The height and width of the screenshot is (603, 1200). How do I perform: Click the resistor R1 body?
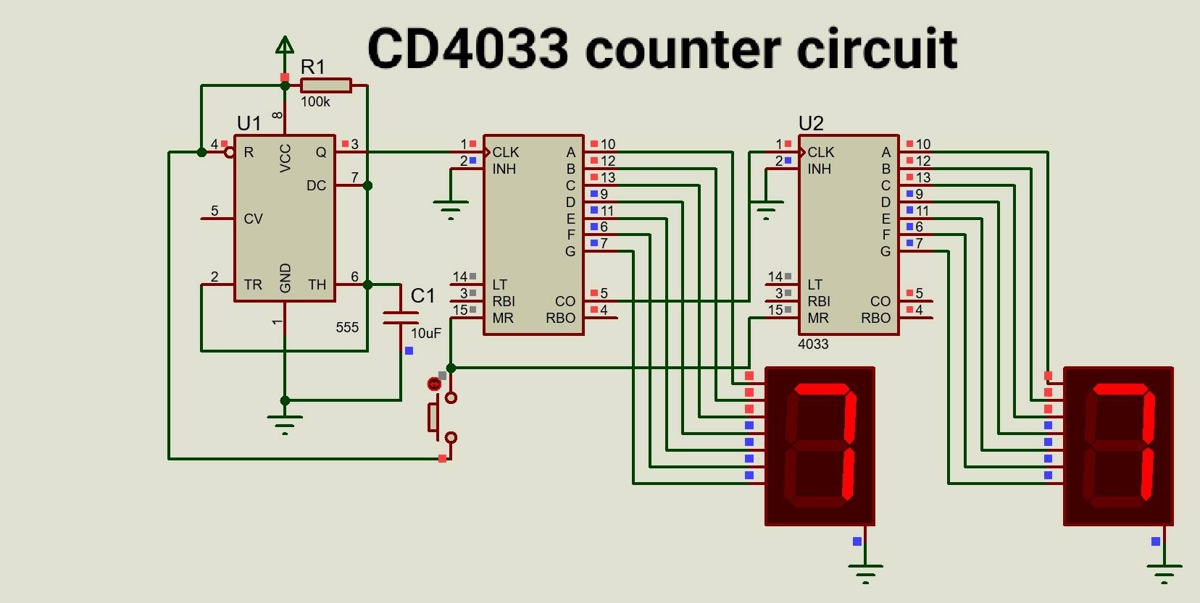pos(325,85)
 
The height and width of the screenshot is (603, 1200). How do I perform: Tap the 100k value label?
pos(315,102)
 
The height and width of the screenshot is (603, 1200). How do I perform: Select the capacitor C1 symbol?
pos(401,317)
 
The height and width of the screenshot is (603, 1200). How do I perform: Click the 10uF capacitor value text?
pos(426,334)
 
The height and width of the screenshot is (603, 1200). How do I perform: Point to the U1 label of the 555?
pos(249,123)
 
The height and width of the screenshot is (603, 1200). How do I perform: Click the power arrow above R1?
pos(285,47)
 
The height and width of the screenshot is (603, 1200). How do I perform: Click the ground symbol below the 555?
pos(285,423)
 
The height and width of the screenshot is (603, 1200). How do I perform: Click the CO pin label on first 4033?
pos(565,301)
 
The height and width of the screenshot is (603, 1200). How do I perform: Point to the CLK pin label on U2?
pos(820,152)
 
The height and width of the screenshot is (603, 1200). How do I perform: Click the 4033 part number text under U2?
pos(813,345)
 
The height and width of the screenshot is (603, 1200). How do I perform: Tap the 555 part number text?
pos(347,327)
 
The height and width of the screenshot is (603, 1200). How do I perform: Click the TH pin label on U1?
pos(317,284)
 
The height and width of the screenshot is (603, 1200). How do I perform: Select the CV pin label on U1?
pos(253,219)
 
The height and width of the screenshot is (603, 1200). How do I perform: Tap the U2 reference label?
pos(811,123)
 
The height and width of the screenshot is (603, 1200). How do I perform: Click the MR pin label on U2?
pos(818,318)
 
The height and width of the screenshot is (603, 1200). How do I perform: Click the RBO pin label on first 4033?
pos(560,318)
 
